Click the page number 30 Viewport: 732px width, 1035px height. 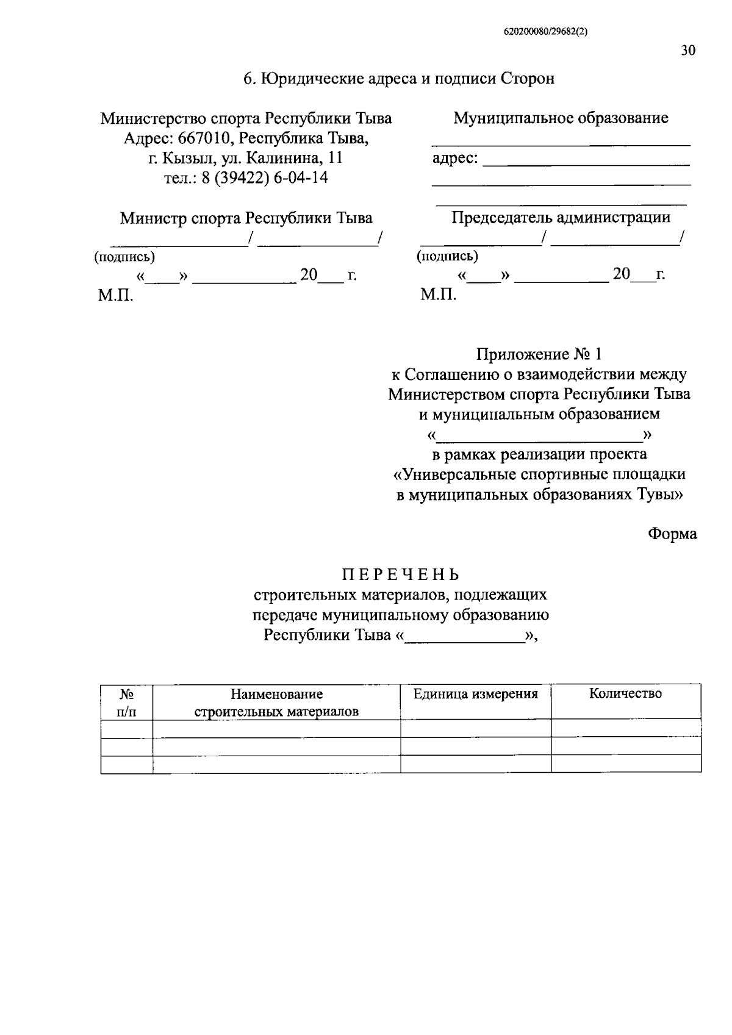pos(687,51)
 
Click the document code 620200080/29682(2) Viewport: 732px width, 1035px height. pos(545,33)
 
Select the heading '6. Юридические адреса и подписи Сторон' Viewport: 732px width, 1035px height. pos(399,79)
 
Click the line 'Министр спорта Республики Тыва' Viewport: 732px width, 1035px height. pos(246,218)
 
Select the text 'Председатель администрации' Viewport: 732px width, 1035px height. pos(561,217)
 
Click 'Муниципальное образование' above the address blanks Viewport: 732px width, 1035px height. pos(561,118)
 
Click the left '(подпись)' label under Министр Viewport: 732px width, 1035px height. pos(124,257)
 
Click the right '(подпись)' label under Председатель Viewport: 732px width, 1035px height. pos(447,256)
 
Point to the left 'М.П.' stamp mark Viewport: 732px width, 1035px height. pos(115,296)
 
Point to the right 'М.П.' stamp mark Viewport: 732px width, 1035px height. pos(438,295)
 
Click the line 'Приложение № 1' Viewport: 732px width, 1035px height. pos(539,354)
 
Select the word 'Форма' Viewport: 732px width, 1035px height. pos(672,534)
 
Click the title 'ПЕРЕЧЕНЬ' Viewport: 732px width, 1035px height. pos(400,575)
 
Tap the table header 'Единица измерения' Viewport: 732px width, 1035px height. pos(475,693)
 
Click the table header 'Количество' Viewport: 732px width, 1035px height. pos(625,693)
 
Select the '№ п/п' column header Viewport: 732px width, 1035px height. pos(126,703)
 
